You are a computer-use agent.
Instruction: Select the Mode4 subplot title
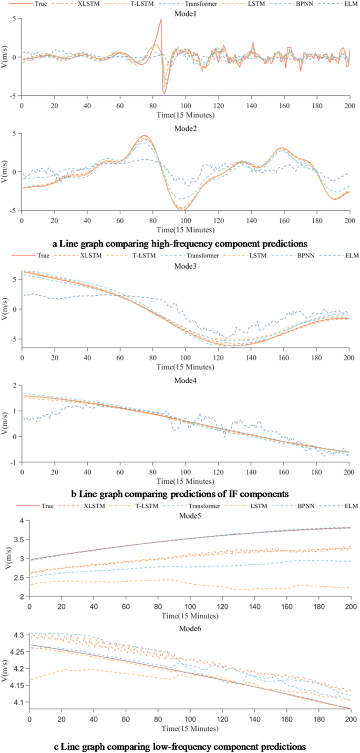[x=185, y=379]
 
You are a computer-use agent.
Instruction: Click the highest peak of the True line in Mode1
[x=161, y=19]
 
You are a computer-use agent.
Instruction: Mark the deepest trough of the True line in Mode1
[x=164, y=94]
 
